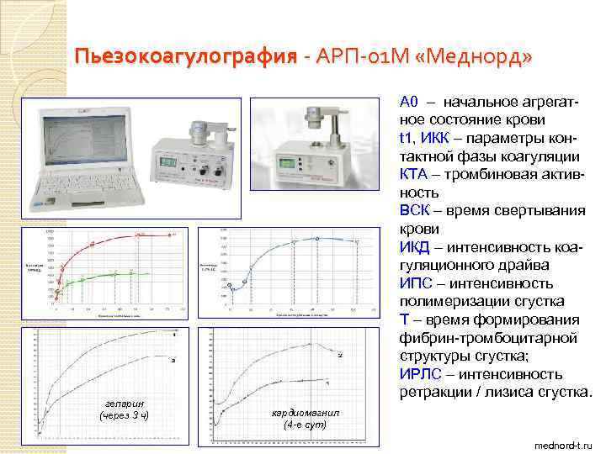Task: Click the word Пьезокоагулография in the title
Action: click(x=185, y=58)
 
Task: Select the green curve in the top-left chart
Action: click(x=109, y=275)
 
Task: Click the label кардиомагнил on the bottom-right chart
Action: click(x=306, y=413)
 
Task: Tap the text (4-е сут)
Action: click(x=306, y=425)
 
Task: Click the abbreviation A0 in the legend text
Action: click(x=409, y=103)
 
